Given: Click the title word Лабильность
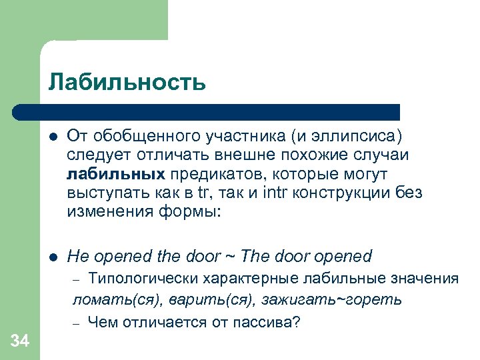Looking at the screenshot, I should point(127,83).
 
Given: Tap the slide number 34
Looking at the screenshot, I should point(20,342).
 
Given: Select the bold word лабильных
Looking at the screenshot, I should point(116,175).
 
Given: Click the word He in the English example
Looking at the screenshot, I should point(78,256).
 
